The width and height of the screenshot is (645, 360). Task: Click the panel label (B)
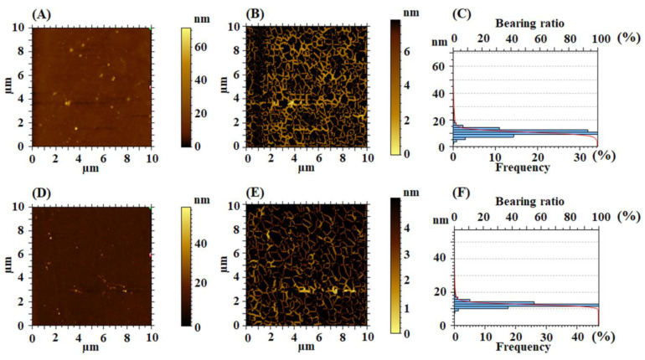point(256,14)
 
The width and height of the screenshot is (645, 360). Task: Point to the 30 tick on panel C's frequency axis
point(578,156)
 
